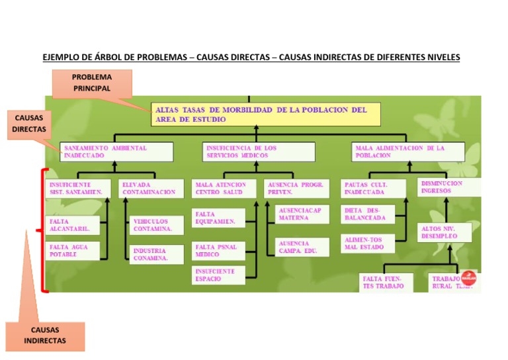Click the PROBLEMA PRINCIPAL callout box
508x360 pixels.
tap(92, 83)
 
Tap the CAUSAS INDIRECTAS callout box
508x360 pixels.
tap(44, 336)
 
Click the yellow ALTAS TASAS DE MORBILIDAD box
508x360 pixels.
tap(267, 114)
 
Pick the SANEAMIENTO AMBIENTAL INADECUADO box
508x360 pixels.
tap(116, 152)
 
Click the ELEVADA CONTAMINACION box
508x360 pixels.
tap(150, 188)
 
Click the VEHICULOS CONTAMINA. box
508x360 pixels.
tap(157, 226)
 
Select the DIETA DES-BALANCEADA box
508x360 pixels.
tap(368, 214)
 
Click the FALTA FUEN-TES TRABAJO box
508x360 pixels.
tap(386, 283)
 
